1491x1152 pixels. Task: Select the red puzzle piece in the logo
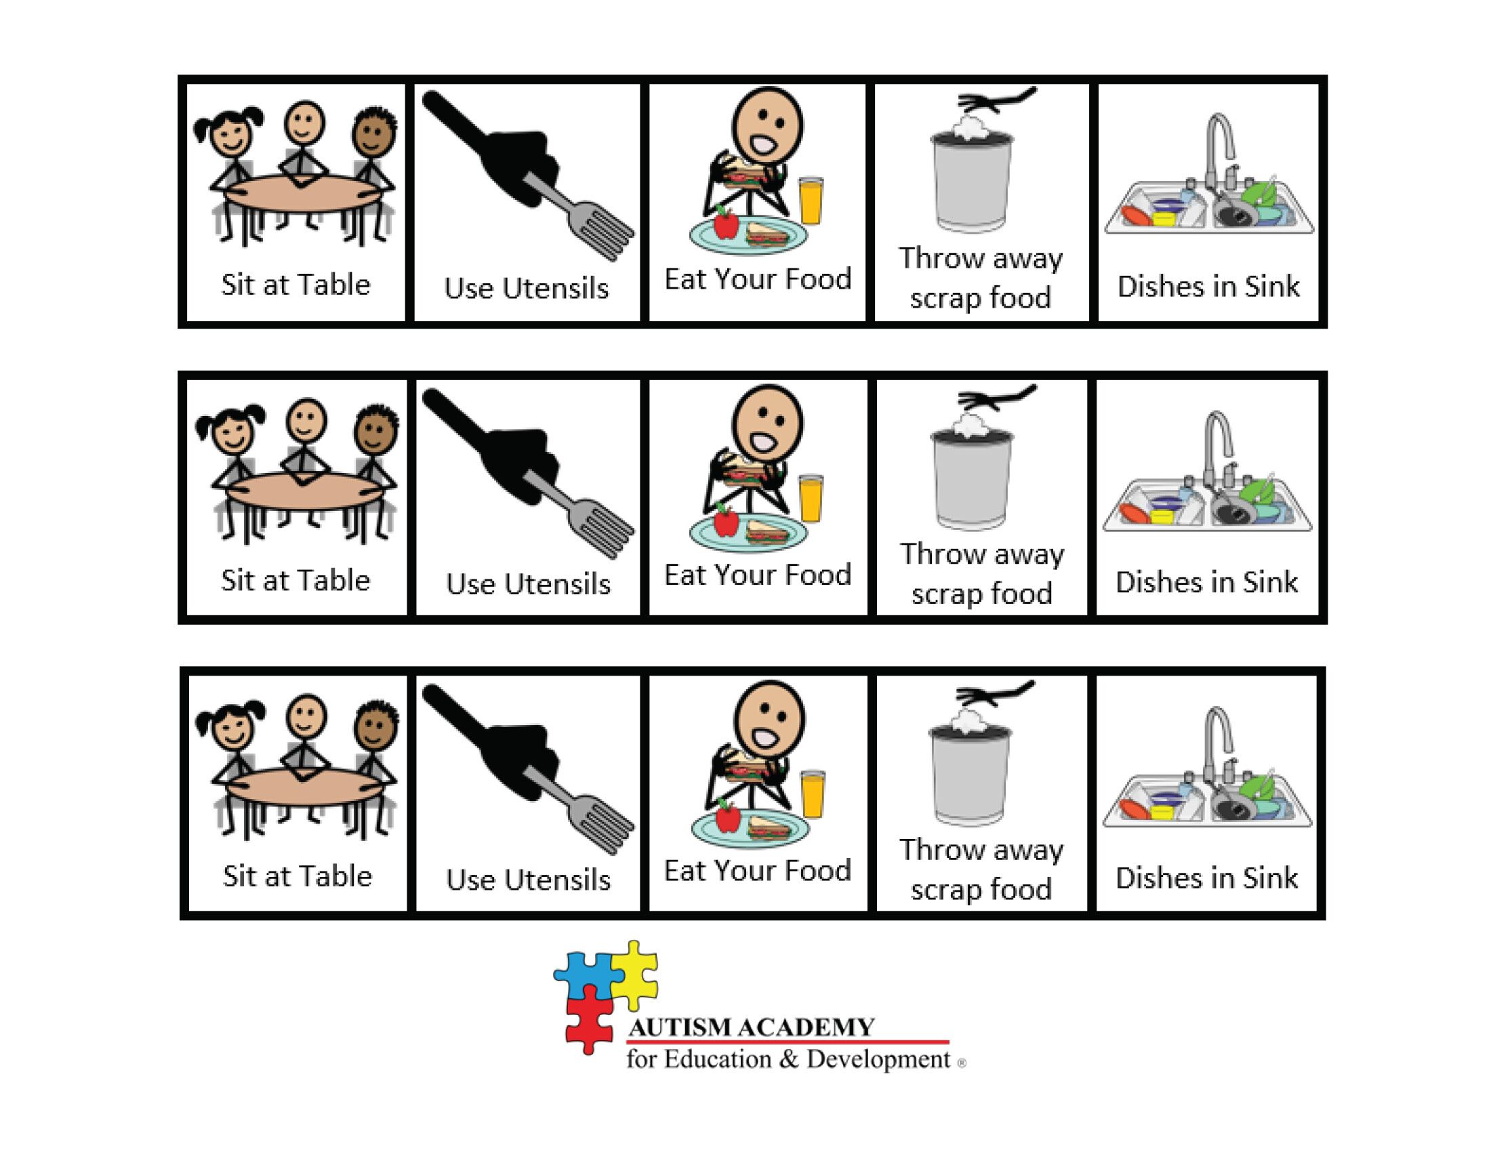[x=588, y=1021]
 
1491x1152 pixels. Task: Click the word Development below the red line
[x=878, y=1059]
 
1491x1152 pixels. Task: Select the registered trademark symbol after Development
[x=962, y=1063]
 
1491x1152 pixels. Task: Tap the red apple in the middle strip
[x=726, y=522]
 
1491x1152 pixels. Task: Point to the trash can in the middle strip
[x=972, y=478]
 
